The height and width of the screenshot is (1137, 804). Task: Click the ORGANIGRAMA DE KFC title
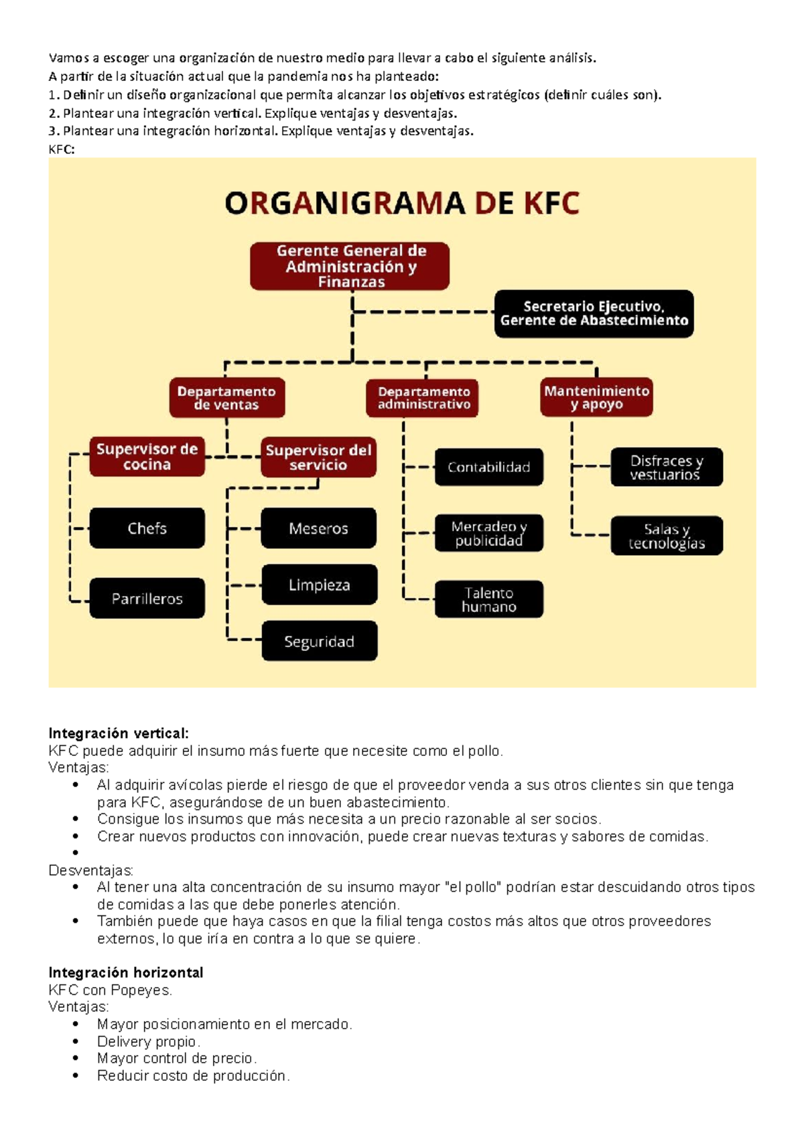[402, 203]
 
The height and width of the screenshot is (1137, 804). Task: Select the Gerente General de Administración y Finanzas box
[350, 267]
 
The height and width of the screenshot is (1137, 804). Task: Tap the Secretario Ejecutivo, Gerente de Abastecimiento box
[594, 313]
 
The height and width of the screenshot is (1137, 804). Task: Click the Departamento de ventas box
[226, 398]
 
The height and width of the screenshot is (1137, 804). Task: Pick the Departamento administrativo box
[423, 398]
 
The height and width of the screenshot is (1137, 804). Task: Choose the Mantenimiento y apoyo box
[596, 397]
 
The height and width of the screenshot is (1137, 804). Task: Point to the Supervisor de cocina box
[147, 457]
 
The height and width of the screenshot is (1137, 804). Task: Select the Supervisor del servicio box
[318, 457]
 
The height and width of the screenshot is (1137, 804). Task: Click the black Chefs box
[147, 528]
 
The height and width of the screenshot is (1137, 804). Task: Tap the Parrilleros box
[147, 599]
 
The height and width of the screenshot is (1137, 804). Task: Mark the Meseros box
[318, 528]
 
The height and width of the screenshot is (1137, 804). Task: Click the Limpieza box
[319, 585]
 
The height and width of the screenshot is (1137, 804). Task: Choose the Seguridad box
[319, 641]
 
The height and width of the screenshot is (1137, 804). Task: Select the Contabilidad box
[488, 467]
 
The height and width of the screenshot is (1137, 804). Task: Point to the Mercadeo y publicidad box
[488, 533]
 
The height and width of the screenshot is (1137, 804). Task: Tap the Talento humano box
[488, 599]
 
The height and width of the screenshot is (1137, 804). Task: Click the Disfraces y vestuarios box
[666, 467]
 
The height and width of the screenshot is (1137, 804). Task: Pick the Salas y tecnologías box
[666, 536]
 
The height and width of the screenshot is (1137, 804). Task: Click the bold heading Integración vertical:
[119, 733]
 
